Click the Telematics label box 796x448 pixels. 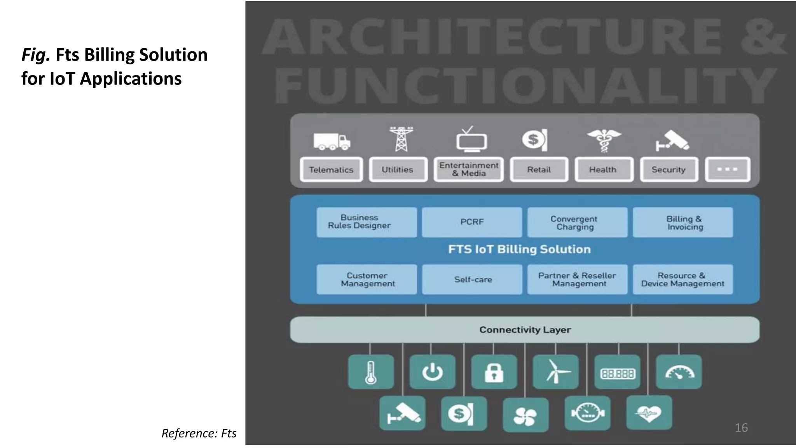(x=331, y=170)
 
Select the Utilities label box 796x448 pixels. (x=398, y=170)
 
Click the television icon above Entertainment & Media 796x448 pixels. (x=471, y=140)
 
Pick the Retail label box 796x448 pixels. (x=539, y=170)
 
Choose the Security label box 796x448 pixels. (x=669, y=170)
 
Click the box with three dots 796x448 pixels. (x=727, y=170)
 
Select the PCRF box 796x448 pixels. (x=472, y=222)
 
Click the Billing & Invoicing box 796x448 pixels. (x=683, y=222)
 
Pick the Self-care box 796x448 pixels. (x=472, y=280)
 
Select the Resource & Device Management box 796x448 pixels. (x=683, y=280)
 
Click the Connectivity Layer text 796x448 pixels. (x=525, y=330)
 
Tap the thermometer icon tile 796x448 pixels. (x=370, y=372)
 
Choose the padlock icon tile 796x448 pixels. (x=494, y=372)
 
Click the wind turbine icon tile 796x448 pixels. (x=555, y=372)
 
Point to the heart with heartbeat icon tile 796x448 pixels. (x=649, y=413)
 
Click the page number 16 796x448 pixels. (x=741, y=428)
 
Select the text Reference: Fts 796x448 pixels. (x=199, y=433)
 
